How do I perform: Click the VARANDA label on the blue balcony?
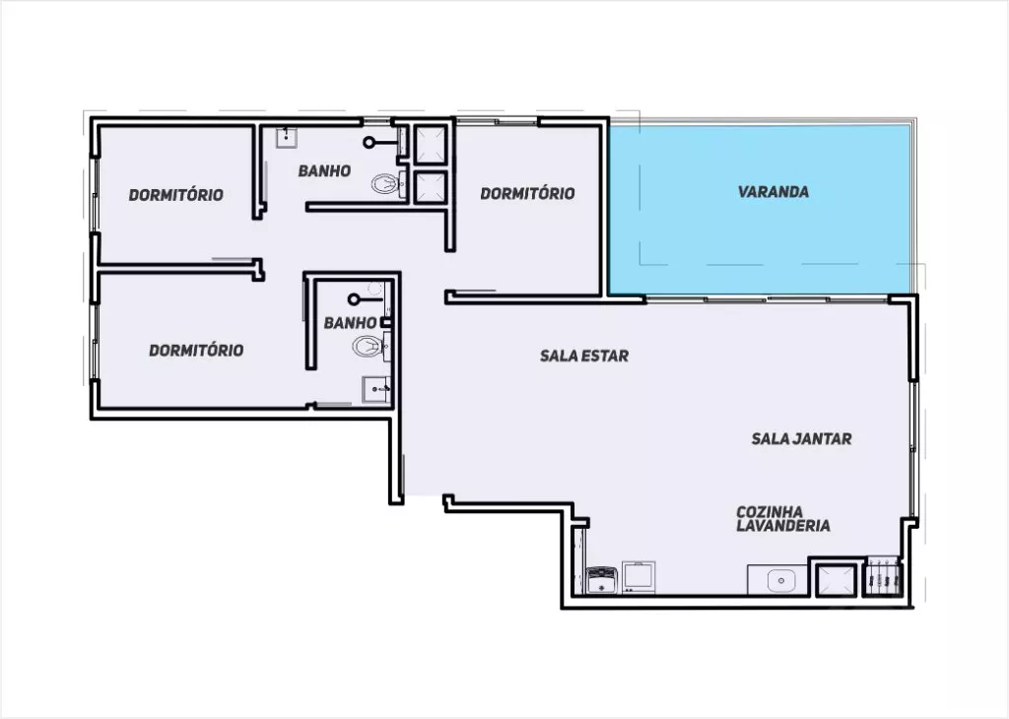coord(773,192)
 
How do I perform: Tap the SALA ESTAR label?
coord(583,356)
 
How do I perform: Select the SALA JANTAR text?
coord(801,438)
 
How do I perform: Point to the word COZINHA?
coord(770,512)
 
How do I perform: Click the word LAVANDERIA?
coord(783,525)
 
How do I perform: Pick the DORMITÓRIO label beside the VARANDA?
coord(527,194)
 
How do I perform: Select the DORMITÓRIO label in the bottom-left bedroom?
coord(196,351)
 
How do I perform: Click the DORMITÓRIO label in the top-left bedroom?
coord(175,195)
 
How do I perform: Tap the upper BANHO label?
coord(324,171)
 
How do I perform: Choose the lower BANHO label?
coord(350,323)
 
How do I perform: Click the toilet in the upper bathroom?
coord(385,184)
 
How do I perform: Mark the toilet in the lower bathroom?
coord(369,348)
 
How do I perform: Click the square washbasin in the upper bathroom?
coord(287,137)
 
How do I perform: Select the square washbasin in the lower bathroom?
coord(375,390)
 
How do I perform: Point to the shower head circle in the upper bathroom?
coord(369,143)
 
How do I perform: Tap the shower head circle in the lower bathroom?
coord(354,299)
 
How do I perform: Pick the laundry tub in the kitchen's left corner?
coord(602,579)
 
